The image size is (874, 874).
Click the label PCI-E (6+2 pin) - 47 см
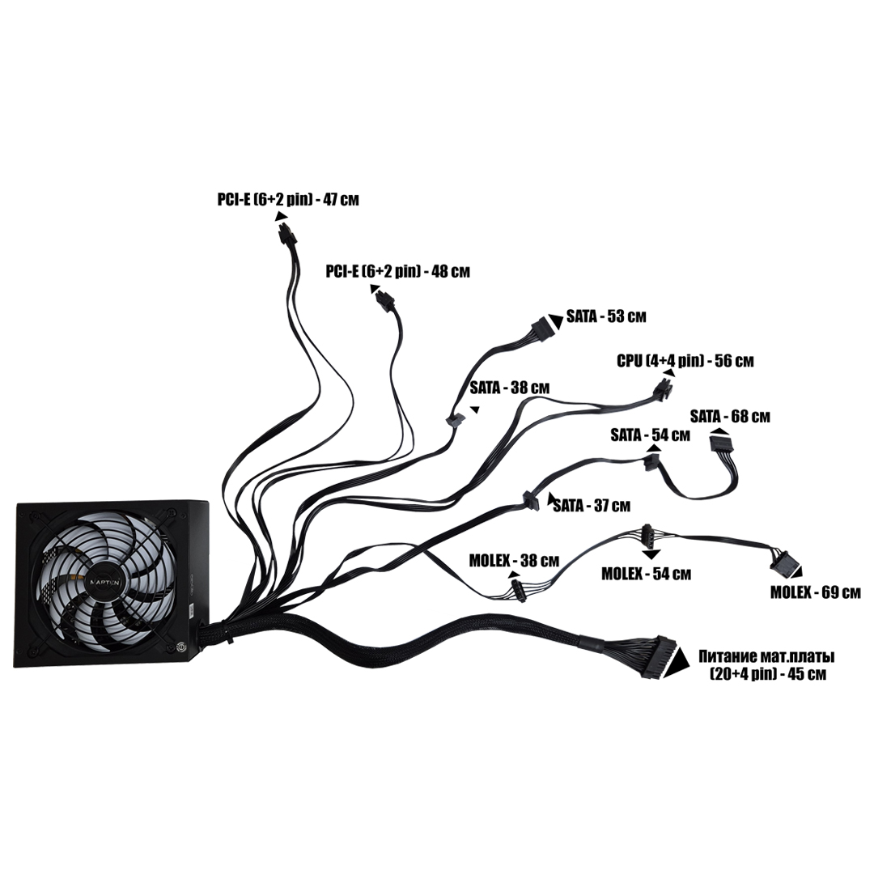click(287, 199)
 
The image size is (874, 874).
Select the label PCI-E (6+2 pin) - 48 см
click(397, 272)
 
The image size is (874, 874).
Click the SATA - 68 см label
click(730, 417)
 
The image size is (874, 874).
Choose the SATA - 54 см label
click(650, 435)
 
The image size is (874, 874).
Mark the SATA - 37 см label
click(592, 507)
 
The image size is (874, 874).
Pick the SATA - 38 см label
click(510, 388)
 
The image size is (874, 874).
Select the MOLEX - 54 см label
click(647, 574)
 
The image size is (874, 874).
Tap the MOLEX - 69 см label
click(815, 592)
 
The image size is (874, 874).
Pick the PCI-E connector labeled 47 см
click(286, 235)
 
